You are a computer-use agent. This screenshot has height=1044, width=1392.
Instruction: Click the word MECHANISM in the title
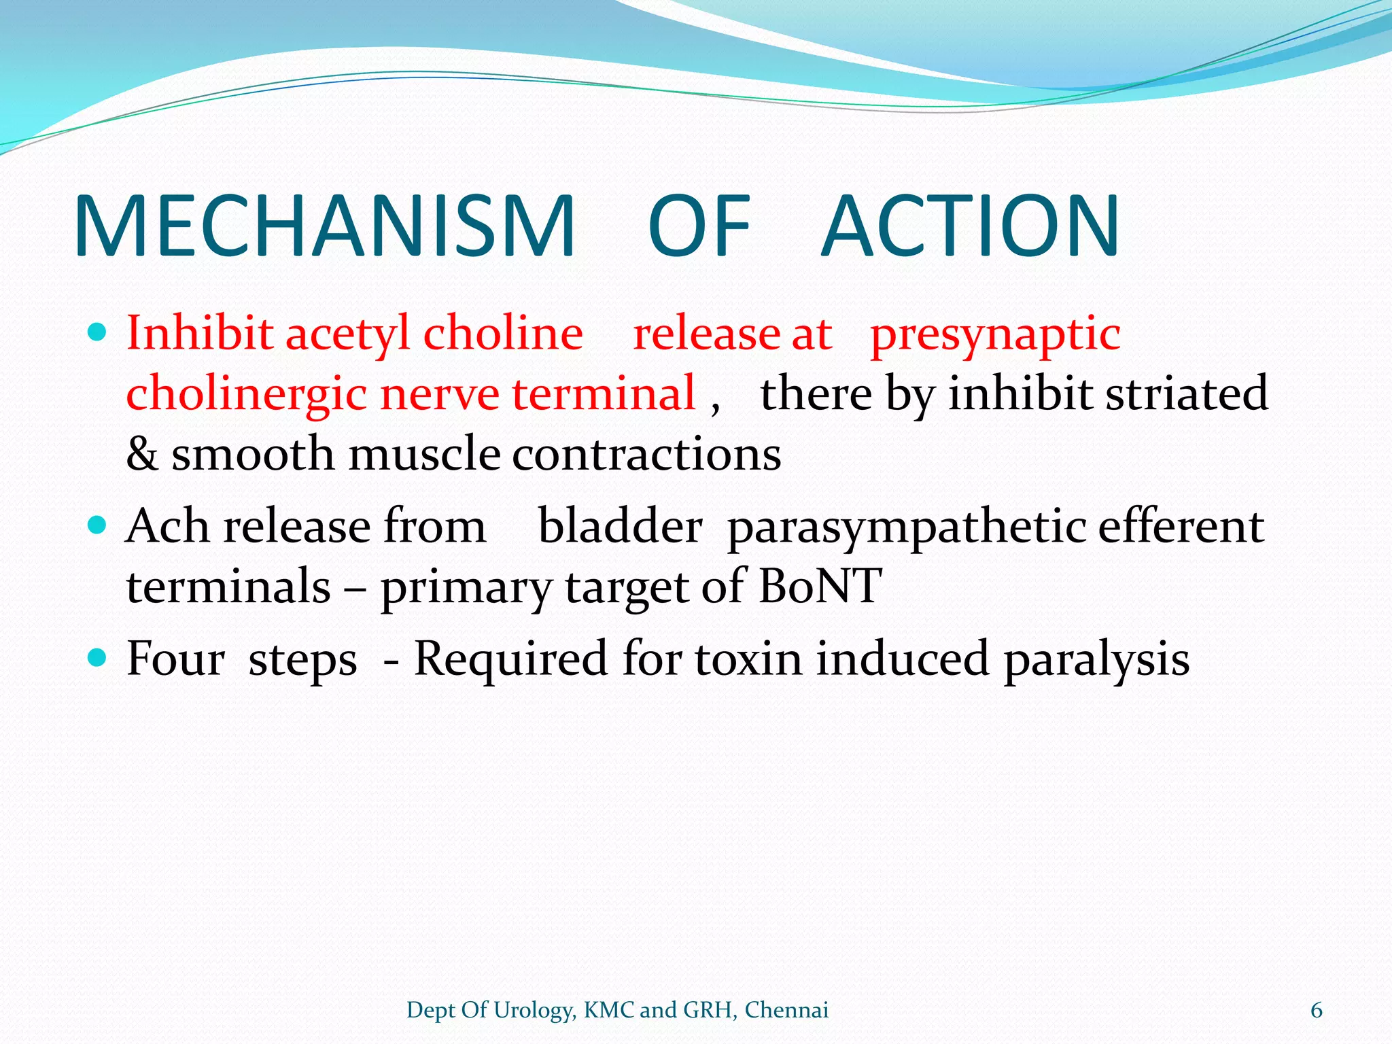click(x=325, y=226)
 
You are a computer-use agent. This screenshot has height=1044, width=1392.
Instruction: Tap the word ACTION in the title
click(x=971, y=226)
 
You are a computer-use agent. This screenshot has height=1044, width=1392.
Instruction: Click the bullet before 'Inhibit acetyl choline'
click(x=98, y=332)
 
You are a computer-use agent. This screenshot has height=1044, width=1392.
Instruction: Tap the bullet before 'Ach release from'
click(x=98, y=525)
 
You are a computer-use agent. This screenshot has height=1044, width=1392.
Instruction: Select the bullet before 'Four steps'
click(x=98, y=657)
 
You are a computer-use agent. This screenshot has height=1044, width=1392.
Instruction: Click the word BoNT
click(x=820, y=586)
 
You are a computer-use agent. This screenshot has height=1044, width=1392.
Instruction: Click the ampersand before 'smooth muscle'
click(x=142, y=454)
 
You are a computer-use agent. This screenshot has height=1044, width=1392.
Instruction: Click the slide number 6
click(x=1316, y=1011)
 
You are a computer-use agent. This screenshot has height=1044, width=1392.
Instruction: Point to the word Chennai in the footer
click(x=786, y=1010)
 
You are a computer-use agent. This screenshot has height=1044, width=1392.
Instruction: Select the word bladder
click(x=620, y=526)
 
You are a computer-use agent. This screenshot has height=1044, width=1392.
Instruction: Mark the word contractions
click(x=646, y=454)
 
